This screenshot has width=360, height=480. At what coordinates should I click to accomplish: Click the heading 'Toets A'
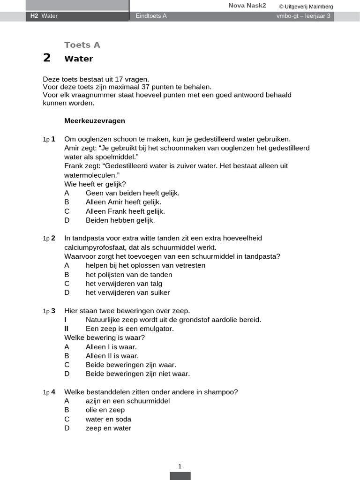[x=82, y=45]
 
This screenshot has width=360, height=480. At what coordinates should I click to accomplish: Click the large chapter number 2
[x=46, y=58]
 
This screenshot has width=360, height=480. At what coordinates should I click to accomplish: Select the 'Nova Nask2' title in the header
[x=247, y=6]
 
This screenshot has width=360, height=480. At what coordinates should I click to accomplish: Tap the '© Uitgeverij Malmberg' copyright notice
[x=306, y=7]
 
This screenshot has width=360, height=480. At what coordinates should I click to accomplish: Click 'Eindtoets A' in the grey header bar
[x=151, y=16]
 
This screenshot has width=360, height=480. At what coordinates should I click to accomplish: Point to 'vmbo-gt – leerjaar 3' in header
[x=303, y=16]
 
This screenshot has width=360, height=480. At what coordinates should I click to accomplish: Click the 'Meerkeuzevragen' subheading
[x=95, y=120]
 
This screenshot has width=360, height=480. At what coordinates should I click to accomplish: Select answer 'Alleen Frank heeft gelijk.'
[x=125, y=211]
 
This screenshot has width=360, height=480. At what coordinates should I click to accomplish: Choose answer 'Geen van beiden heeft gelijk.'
[x=132, y=193]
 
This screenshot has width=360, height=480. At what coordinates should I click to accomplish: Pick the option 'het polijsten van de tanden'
[x=129, y=274]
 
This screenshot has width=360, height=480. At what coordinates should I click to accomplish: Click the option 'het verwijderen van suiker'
[x=127, y=292]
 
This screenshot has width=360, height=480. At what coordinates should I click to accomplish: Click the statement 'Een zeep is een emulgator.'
[x=129, y=329]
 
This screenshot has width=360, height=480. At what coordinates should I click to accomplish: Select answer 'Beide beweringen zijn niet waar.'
[x=138, y=374]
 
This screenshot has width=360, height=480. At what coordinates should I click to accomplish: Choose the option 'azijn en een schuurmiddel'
[x=127, y=401]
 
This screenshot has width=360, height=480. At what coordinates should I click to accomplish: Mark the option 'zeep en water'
[x=108, y=428]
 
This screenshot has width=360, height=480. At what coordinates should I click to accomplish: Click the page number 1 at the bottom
[x=180, y=466]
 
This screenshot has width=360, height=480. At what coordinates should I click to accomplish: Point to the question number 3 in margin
[x=53, y=310]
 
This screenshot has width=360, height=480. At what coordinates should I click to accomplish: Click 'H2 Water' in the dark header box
[x=44, y=16]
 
